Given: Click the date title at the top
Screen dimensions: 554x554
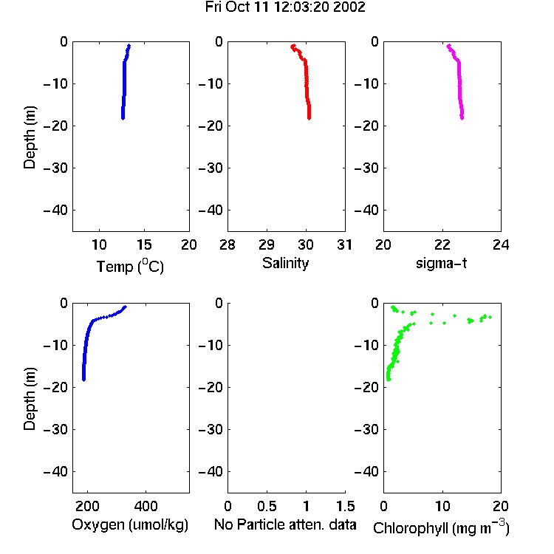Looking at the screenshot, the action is pos(285,7).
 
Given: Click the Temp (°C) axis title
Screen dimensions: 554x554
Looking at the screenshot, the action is pos(130,266).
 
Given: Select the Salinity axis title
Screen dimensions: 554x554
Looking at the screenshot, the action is pos(285,263).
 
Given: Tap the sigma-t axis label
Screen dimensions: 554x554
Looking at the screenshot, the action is pos(441,263).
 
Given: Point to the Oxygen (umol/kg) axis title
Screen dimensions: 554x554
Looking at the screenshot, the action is pos(130,524).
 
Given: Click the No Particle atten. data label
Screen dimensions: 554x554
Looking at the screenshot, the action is pos(285,524).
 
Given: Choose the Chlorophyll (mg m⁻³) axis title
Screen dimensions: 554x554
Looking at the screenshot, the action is pos(441,527).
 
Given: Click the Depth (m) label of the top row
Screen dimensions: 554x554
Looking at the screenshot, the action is pos(30,137).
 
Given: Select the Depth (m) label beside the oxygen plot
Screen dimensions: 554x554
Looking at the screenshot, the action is pos(30,399).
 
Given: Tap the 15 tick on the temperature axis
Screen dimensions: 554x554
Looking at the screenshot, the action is pos(144,244).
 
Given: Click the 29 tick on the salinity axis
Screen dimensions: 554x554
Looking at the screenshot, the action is pos(267,244).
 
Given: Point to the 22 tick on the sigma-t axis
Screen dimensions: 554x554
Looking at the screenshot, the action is pos(442,244).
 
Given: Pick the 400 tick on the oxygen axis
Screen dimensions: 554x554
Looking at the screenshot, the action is pos(146,506).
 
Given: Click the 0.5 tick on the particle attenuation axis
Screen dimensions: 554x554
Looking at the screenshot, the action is pos(267,506).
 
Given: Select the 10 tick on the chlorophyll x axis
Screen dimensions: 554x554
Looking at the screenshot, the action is pos(442,506).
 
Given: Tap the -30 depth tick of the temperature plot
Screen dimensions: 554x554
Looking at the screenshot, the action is pos(55,168).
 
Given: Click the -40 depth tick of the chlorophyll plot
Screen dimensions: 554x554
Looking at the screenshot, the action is pos(366,471).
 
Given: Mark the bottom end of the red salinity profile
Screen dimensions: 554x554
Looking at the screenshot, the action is pos(310,118).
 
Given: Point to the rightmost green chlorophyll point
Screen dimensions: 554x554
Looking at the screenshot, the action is pos(490,318).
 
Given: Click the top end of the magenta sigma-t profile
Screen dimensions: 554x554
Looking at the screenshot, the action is pos(448,46).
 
